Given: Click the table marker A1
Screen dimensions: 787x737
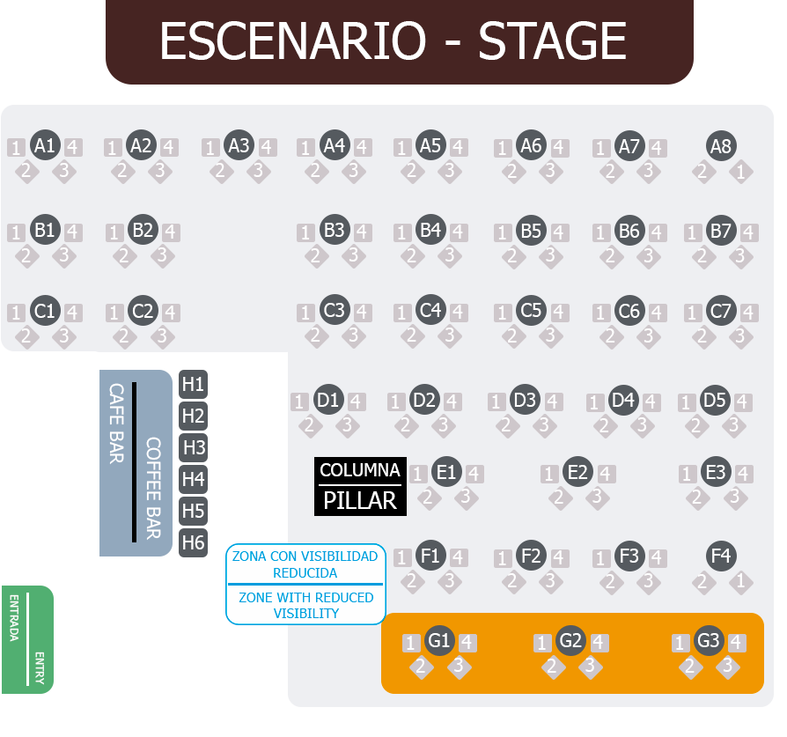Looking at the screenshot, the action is [45, 145].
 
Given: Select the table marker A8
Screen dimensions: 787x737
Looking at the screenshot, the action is [721, 146].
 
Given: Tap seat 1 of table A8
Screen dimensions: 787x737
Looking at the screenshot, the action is [741, 173].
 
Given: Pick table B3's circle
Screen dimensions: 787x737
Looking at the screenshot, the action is [335, 231].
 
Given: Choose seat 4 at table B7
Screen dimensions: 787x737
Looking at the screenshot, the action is [748, 232].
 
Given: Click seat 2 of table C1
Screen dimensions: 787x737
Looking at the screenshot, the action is [26, 336].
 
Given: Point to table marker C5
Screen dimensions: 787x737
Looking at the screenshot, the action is [531, 311].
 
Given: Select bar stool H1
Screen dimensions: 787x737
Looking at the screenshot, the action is [194, 384].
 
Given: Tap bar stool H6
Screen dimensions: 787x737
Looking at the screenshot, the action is [194, 542].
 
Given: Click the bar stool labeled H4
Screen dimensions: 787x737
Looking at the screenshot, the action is [194, 479].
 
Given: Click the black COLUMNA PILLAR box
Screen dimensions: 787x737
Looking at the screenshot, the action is [360, 486].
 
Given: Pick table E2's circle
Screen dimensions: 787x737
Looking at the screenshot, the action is [577, 473].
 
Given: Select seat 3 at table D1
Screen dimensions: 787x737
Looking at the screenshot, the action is [348, 425].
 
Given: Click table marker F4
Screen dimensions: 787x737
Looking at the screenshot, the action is [721, 556].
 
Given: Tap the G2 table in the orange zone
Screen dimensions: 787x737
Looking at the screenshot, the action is [570, 641].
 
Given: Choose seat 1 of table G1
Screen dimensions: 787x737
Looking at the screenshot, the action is [410, 643].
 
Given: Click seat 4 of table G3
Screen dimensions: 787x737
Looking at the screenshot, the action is [736, 643].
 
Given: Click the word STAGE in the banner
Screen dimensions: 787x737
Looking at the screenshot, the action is [552, 41].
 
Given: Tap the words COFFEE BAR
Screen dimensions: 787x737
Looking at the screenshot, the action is [153, 488].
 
